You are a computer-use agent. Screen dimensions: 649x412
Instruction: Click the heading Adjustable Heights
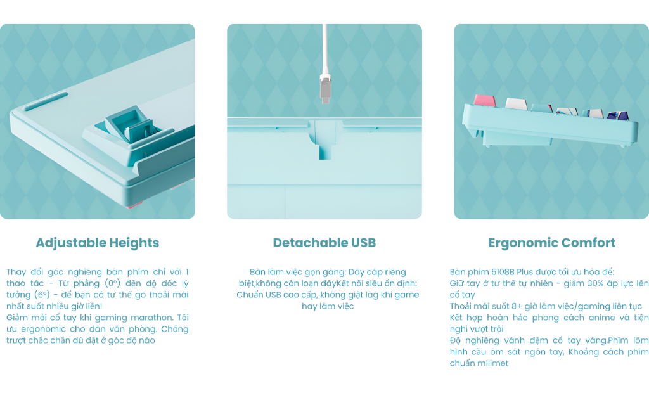[x=97, y=243]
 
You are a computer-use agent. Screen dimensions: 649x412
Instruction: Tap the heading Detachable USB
[x=324, y=243]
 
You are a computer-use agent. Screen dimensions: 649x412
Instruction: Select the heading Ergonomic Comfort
[x=552, y=243]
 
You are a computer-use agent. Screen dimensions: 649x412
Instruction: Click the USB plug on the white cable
[x=326, y=89]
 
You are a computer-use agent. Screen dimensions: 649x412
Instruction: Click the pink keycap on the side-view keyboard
[x=484, y=100]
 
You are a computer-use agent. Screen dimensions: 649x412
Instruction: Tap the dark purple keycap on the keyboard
[x=617, y=115]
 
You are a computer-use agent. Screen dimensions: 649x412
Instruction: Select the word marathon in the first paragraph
[x=151, y=318]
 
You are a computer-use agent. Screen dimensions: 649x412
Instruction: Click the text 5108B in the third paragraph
[x=503, y=272]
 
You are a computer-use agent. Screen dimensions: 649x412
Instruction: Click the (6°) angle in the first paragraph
[x=42, y=295]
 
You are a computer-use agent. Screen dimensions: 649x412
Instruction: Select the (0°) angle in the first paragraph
[x=112, y=283]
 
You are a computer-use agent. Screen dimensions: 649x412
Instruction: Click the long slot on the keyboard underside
[x=46, y=101]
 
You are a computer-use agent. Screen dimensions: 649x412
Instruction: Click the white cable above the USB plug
[x=325, y=49]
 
